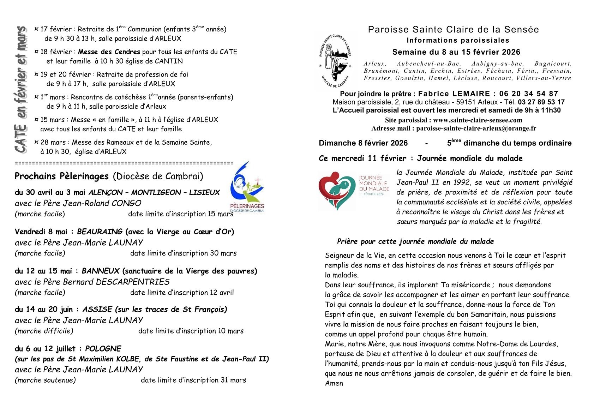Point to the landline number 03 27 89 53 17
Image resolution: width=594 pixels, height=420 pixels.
pos(541,102)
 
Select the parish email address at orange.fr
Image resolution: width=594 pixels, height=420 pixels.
pos(476,128)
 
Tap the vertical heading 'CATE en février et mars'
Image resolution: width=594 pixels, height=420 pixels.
pos(21,90)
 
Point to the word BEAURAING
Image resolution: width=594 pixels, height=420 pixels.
pos(100,232)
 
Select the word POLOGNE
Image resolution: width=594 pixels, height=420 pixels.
pos(103,349)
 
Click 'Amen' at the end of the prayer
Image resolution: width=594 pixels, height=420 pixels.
pos(334,383)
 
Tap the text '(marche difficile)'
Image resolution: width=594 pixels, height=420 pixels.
pos(44,331)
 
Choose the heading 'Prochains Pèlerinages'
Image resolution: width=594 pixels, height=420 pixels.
pos(62,176)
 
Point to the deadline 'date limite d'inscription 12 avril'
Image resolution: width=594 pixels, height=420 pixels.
pos(182,293)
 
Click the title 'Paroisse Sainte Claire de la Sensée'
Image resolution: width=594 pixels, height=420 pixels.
pos(453,30)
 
